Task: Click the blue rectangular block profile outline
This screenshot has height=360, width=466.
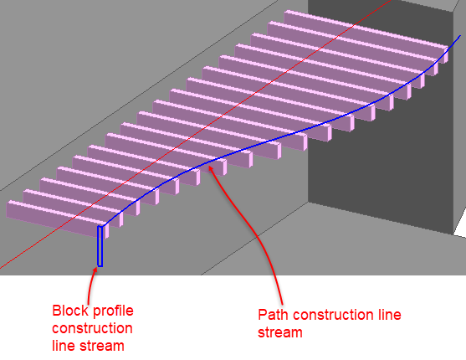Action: click(100, 246)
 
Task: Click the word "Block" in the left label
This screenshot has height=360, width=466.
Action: click(70, 311)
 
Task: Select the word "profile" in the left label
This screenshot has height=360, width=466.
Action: click(113, 311)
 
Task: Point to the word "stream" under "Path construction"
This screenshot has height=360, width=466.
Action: click(280, 332)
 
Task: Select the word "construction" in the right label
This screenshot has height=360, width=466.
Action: click(331, 315)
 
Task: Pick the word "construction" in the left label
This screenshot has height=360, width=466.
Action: click(92, 328)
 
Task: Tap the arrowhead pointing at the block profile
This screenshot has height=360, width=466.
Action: click(95, 270)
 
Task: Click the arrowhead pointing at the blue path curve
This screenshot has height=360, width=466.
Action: click(211, 168)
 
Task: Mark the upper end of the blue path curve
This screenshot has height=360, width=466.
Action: click(460, 36)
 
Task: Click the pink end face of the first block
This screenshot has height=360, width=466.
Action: click(107, 231)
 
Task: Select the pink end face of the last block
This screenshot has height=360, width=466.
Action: click(446, 54)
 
